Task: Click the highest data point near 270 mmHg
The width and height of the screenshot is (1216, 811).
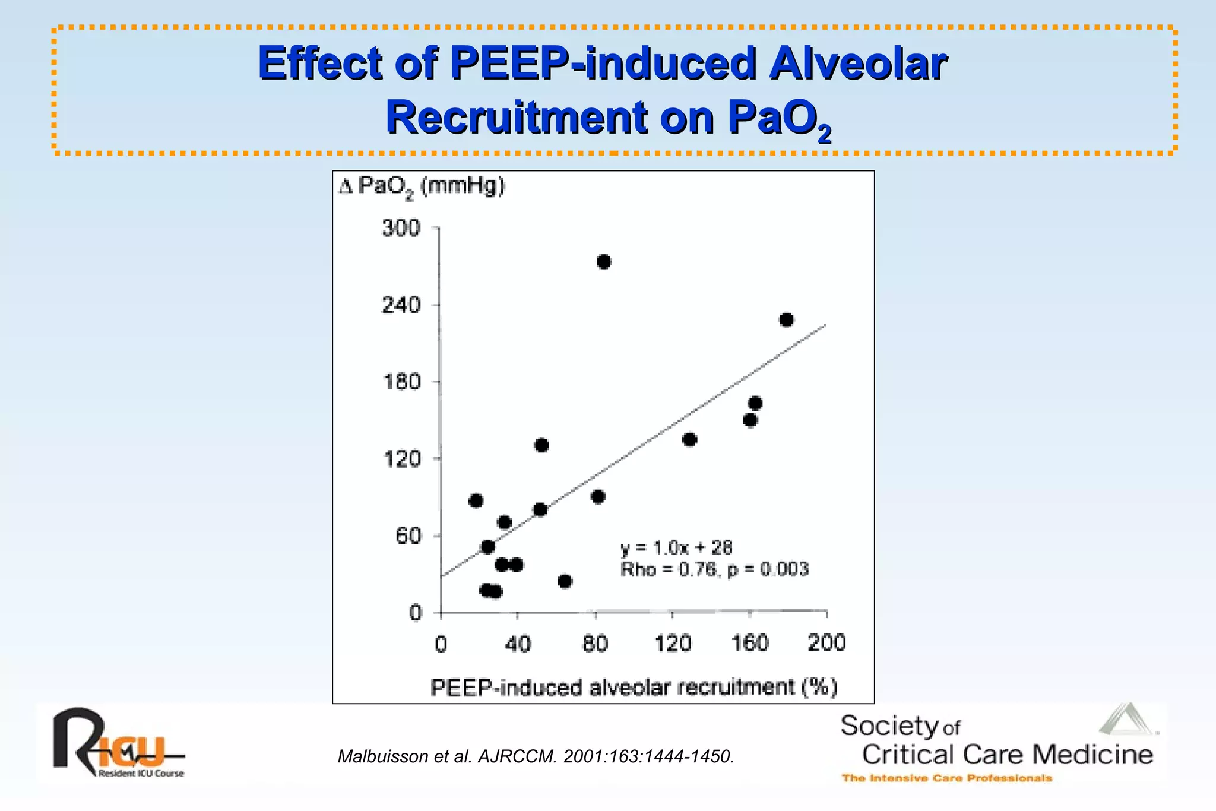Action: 604,262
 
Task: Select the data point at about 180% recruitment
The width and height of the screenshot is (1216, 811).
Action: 786,320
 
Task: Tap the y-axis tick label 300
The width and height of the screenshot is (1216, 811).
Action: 401,228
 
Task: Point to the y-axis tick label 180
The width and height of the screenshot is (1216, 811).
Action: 402,381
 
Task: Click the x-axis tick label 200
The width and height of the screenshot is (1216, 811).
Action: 826,643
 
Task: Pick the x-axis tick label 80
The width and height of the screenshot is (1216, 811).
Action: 595,644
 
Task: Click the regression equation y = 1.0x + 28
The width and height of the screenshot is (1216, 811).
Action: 676,547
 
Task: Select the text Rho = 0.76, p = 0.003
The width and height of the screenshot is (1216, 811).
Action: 714,569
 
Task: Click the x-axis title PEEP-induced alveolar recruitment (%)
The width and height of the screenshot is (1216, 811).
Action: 634,688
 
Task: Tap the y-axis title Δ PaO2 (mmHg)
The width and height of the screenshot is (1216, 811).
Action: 422,186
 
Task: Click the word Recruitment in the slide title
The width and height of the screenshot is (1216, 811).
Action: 517,117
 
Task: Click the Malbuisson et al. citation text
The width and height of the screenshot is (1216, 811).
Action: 536,756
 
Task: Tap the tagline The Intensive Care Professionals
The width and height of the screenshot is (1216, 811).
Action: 946,778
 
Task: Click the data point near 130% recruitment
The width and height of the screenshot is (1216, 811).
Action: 689,439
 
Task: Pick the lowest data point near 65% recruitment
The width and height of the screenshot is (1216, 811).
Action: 565,581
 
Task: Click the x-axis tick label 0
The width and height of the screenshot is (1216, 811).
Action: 441,644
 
